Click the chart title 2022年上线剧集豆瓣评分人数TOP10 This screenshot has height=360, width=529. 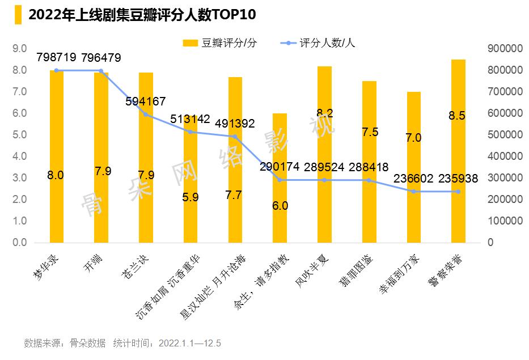[142, 15]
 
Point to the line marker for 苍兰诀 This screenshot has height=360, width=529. [146, 115]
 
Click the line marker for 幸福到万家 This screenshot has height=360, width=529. [413, 192]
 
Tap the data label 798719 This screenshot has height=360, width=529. [56, 58]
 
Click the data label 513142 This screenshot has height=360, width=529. [190, 119]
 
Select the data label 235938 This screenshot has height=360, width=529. [458, 179]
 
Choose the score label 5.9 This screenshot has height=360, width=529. [190, 198]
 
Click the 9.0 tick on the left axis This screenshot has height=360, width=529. [20, 49]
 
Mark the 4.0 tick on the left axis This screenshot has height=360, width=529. [20, 156]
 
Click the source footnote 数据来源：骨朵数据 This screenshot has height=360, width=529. [65, 343]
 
